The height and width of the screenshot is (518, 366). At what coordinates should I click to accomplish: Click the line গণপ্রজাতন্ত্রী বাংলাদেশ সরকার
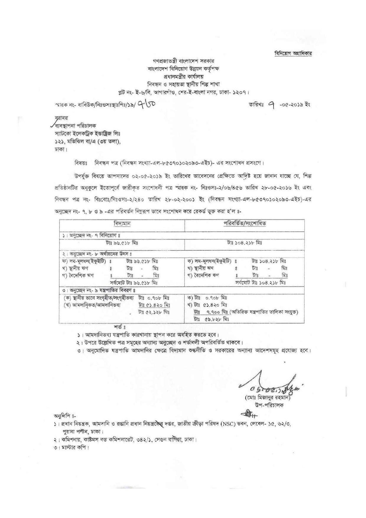[183, 61]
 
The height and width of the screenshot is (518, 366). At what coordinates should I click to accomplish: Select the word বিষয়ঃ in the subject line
[81, 162]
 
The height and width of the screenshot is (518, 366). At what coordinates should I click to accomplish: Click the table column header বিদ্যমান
[122, 224]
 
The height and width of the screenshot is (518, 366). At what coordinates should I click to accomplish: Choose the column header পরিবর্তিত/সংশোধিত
[245, 224]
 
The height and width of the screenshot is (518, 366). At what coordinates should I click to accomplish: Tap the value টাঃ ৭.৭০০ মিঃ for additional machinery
[211, 312]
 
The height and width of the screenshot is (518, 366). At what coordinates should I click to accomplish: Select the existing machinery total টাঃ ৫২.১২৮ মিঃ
[154, 312]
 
